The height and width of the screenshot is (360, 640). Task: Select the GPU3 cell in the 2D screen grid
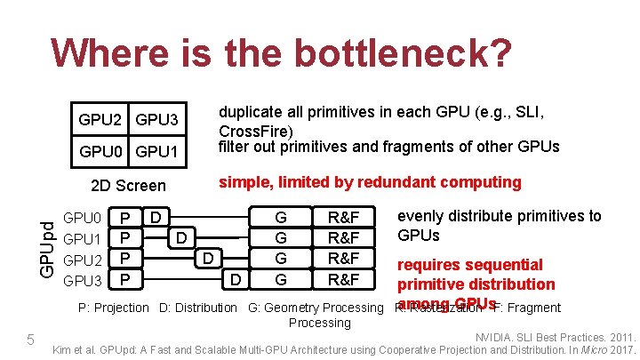coord(157,119)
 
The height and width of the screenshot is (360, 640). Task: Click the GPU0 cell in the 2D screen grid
coord(101,152)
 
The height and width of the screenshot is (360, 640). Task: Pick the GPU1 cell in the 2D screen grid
coord(157,152)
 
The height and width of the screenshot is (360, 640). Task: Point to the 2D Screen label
coord(128,185)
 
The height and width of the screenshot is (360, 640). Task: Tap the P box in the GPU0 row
coord(126,218)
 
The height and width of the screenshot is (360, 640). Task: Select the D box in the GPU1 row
coord(181,238)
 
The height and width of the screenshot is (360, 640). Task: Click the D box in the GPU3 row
coord(236,281)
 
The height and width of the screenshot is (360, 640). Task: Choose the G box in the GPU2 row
coord(281,260)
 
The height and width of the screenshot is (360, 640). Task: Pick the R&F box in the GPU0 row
coord(343,218)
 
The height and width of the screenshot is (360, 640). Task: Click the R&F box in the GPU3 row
coord(343,281)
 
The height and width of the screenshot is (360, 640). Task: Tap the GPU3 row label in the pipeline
coord(83,281)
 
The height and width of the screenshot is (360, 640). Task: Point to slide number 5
coord(29,340)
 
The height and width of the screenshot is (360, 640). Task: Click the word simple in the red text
coord(246,182)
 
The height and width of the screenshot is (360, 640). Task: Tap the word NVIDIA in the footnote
coord(502,338)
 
